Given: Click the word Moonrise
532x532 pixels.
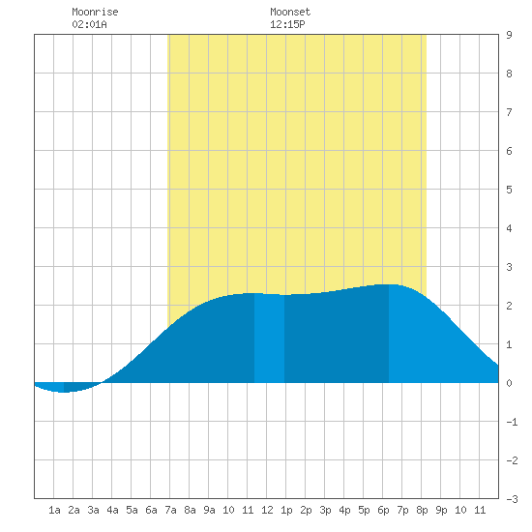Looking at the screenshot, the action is point(95,12).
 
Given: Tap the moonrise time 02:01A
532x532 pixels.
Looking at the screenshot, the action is point(89,24).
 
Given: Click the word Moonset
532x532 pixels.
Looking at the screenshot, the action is point(290,12).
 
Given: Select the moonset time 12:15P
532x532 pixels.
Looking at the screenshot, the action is point(287,24).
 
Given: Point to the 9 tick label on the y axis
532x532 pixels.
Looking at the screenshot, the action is point(509,35).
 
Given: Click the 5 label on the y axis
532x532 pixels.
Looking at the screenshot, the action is point(509,190).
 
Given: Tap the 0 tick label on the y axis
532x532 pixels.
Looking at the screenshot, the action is point(509,383).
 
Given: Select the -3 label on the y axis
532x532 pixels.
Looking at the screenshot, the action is point(512,499).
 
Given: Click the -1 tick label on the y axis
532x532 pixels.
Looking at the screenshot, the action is point(512,422).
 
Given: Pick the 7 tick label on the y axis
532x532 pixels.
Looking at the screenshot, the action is point(509,112).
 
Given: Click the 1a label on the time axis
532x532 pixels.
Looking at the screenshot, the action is point(54,510).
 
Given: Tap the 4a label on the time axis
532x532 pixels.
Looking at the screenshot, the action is point(112,510).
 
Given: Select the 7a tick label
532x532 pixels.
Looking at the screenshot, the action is point(170,510).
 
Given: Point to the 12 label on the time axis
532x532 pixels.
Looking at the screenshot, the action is point(267,510).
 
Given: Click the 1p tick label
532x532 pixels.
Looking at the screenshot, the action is point(286,510).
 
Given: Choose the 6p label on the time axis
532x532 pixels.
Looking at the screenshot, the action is point(383,510).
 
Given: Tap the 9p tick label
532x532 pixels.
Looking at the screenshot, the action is point(441,510).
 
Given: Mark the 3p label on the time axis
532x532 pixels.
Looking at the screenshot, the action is point(325,510).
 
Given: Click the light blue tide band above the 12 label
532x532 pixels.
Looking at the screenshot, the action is point(270,339).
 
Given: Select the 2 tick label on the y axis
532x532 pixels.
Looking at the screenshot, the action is point(509,306).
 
